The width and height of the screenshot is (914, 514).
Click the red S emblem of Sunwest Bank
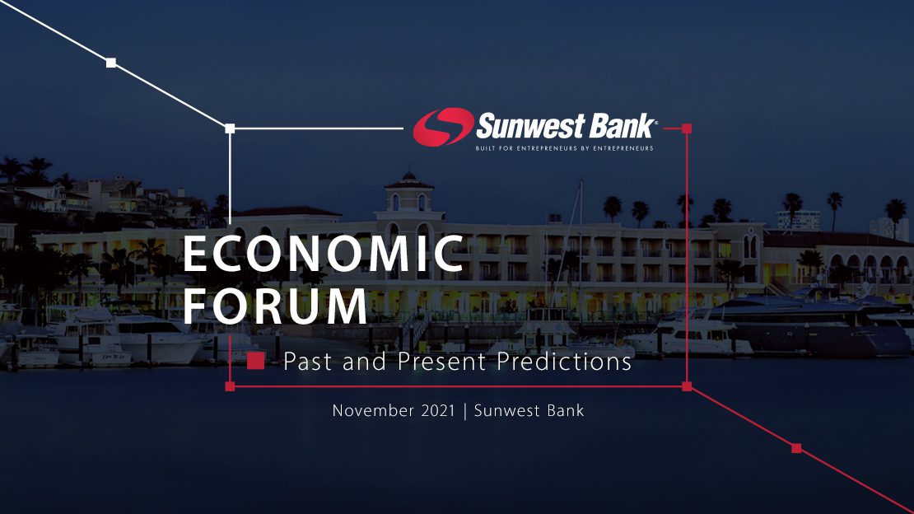[x=443, y=127]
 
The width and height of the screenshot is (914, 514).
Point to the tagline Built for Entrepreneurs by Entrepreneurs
[x=564, y=148]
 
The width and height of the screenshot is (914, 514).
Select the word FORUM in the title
[x=275, y=306]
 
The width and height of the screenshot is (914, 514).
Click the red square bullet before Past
[x=255, y=361]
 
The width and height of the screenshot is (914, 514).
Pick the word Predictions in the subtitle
[x=564, y=362]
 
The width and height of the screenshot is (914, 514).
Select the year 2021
[x=438, y=411]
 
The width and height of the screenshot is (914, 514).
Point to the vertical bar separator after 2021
[x=464, y=411]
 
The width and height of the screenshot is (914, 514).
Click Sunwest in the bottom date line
[x=507, y=411]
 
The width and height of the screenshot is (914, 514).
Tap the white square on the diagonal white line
[x=111, y=63]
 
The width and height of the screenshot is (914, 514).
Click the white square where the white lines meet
[x=230, y=128]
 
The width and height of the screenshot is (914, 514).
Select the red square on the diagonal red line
[x=796, y=448]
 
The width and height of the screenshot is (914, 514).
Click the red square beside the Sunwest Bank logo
[x=687, y=128]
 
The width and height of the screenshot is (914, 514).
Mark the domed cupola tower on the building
[x=409, y=193]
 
